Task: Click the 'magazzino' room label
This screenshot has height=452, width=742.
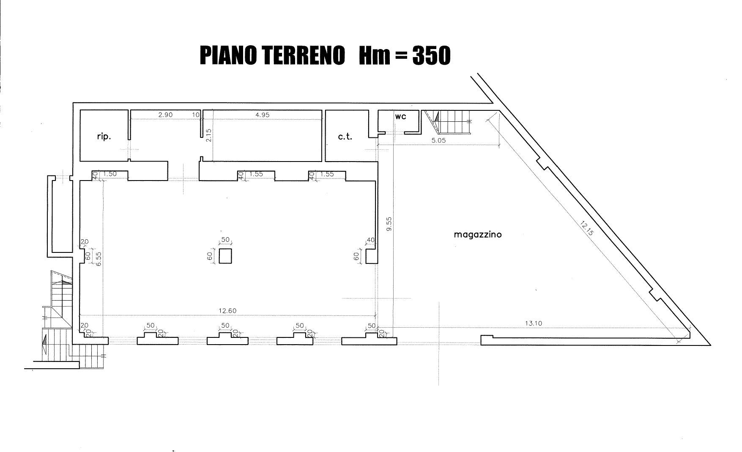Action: pyautogui.click(x=478, y=234)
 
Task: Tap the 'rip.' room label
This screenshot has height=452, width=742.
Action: pyautogui.click(x=104, y=137)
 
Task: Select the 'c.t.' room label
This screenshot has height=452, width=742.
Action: pyautogui.click(x=345, y=137)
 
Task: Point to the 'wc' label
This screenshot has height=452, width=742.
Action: pyautogui.click(x=400, y=116)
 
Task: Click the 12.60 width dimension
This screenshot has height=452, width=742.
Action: pyautogui.click(x=227, y=311)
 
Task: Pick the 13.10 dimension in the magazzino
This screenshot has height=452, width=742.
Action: pyautogui.click(x=534, y=323)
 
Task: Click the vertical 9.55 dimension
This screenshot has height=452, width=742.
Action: pyautogui.click(x=389, y=224)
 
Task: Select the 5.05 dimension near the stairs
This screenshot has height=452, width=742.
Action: pyautogui.click(x=438, y=140)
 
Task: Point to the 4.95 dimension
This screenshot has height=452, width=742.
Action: pyautogui.click(x=262, y=115)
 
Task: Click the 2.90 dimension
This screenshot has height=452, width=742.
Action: pyautogui.click(x=165, y=115)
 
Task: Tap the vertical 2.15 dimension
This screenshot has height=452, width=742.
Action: pyautogui.click(x=208, y=135)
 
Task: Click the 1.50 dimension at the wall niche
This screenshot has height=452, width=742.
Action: pyautogui.click(x=110, y=174)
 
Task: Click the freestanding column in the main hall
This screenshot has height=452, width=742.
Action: pyautogui.click(x=225, y=256)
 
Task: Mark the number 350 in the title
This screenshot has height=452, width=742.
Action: pyautogui.click(x=431, y=55)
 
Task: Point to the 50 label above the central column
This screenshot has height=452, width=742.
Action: pyautogui.click(x=225, y=240)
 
